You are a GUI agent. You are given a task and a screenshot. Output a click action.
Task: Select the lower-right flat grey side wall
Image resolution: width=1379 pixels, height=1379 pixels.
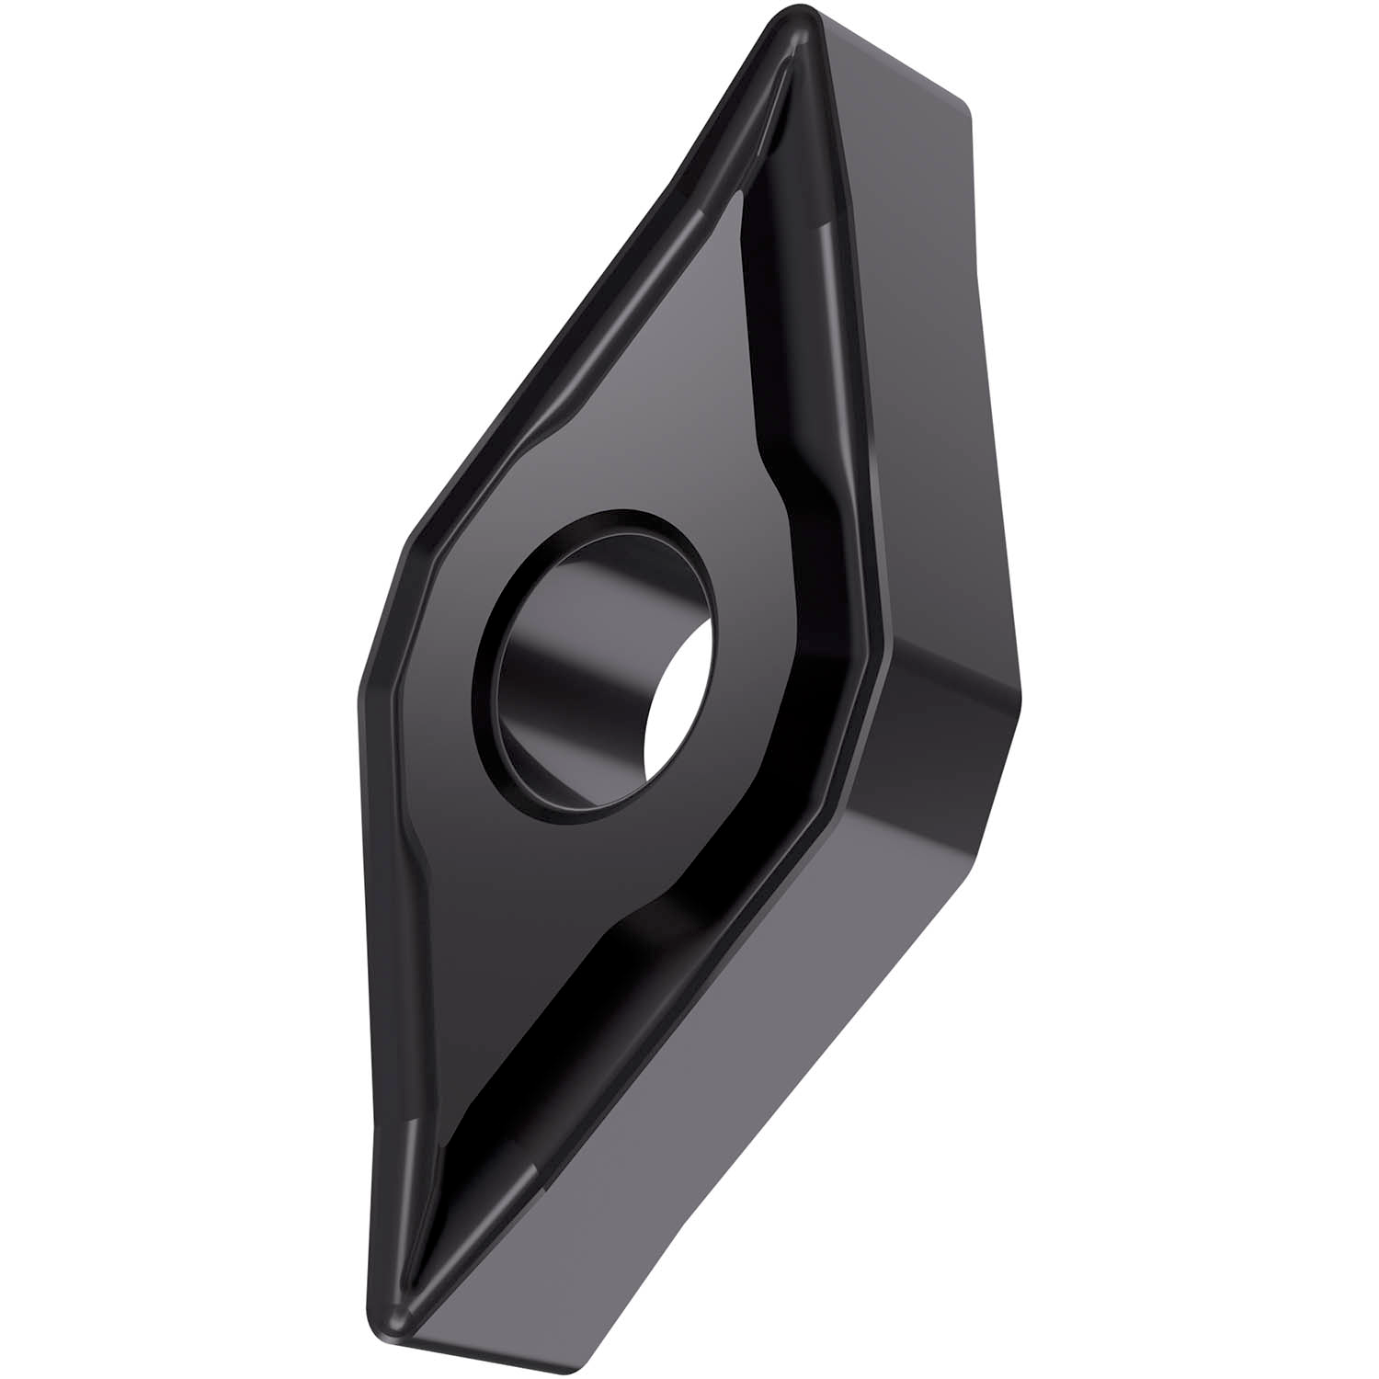click(x=735, y=1057)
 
